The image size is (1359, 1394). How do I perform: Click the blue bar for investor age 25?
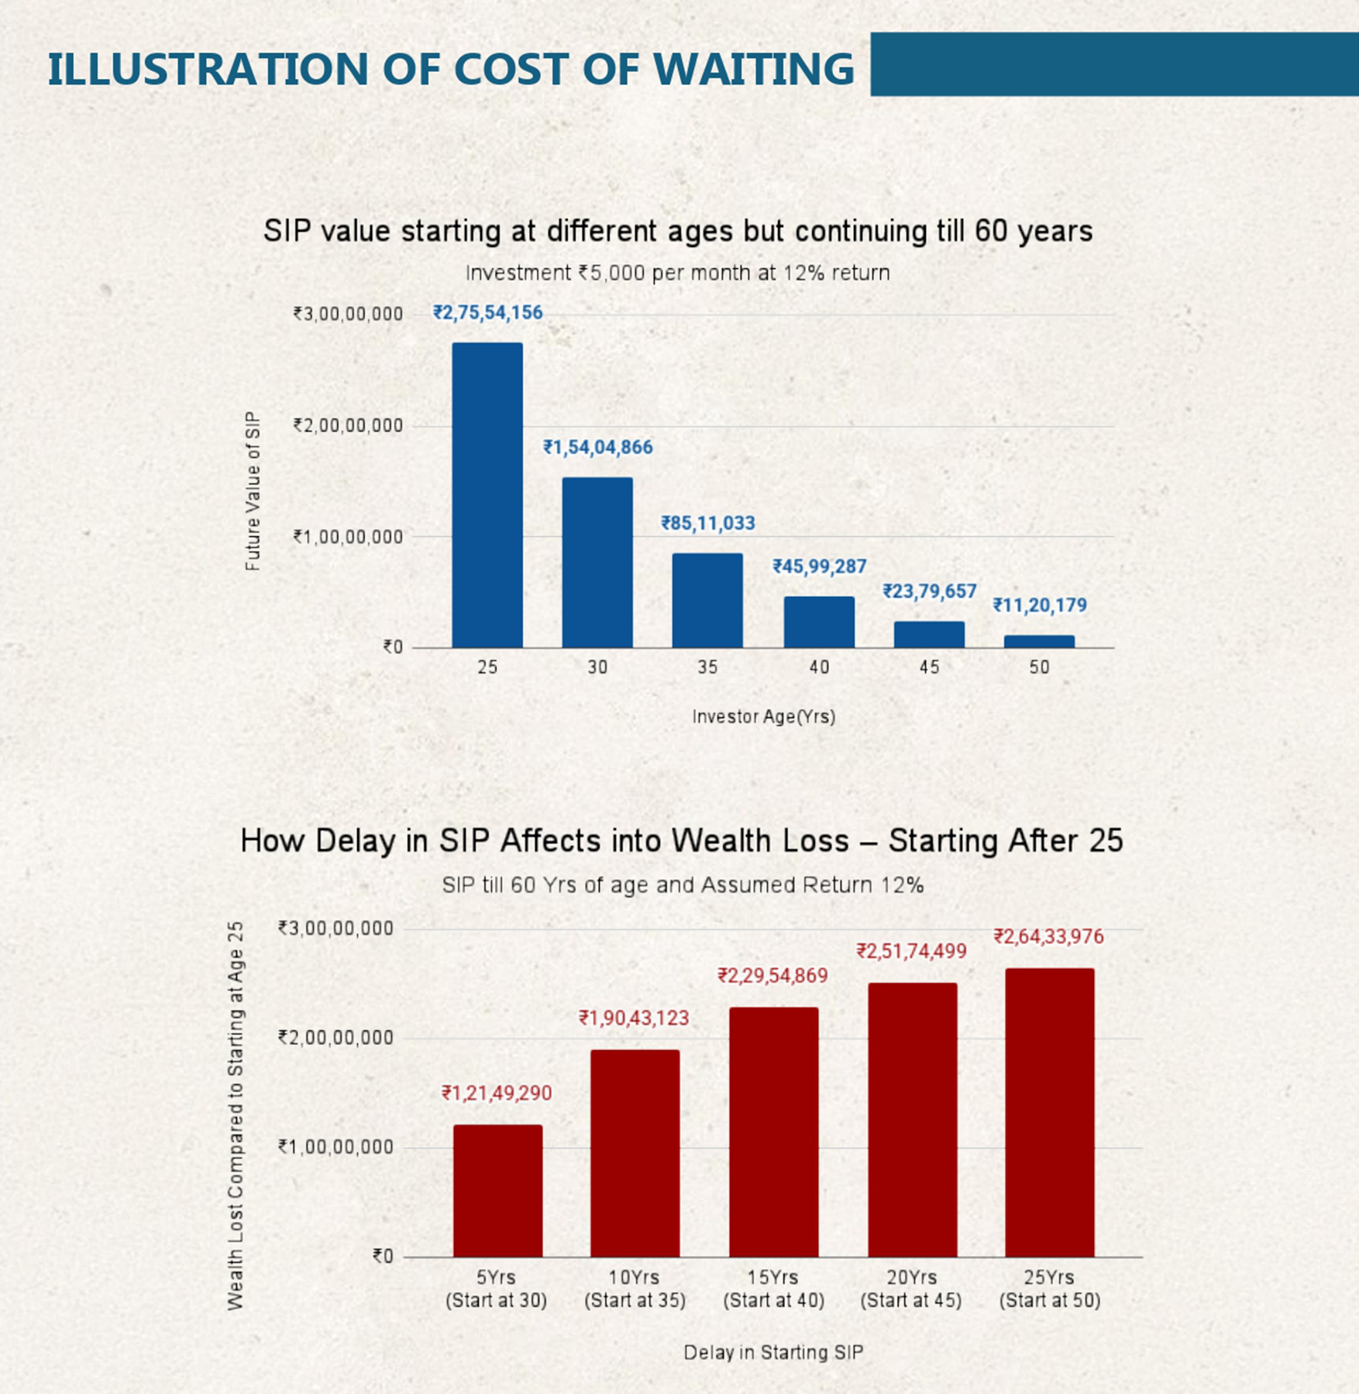coord(487,495)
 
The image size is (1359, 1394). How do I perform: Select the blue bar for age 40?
coord(819,622)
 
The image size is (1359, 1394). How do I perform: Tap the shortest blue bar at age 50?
coord(1039,641)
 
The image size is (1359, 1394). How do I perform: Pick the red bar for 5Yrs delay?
coord(497,1190)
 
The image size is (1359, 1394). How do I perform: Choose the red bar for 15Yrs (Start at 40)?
coord(773,1131)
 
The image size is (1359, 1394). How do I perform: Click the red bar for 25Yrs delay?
coord(1050,1112)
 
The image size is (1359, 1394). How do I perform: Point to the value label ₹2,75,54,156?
coord(487,313)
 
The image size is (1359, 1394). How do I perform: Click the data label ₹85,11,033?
coord(707,524)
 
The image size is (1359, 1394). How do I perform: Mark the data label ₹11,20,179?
coord(1040,605)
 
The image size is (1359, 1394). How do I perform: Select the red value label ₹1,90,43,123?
coord(634,1018)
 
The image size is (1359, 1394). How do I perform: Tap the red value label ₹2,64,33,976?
coord(1048,937)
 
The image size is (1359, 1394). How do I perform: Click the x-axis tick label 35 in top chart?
coord(707,667)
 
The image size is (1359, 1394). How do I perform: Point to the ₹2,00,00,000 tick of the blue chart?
coord(348,425)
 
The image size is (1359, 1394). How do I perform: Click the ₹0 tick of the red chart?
coord(383,1256)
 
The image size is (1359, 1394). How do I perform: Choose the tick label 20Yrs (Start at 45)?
coord(911,1289)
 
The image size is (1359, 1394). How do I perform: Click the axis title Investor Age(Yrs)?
coord(763,716)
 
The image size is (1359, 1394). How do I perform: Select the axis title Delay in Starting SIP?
coord(772,1352)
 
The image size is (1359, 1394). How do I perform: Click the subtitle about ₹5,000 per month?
coord(677,273)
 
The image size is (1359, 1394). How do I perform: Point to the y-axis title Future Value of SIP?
coord(253,491)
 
